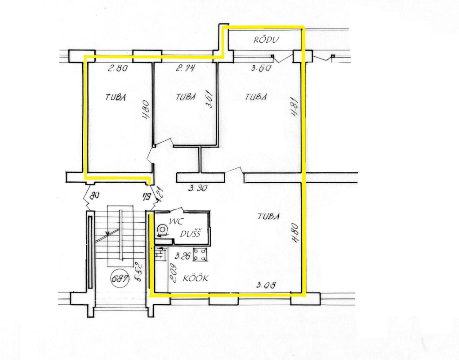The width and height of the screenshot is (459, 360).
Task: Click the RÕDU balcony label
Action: tap(266, 40)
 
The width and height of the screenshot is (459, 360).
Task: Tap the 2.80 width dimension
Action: tap(118, 68)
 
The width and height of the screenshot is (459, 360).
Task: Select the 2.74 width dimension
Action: tap(185, 68)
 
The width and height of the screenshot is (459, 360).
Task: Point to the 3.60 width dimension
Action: tap(261, 68)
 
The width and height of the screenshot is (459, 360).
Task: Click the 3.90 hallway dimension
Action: tap(198, 188)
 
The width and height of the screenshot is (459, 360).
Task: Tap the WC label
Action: tap(175, 221)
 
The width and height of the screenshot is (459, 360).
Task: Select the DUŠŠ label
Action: tap(190, 234)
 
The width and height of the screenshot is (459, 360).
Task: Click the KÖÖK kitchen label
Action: tap(195, 278)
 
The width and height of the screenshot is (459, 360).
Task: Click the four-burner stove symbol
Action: tap(201, 255)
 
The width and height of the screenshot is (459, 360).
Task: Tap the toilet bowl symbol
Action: tap(162, 230)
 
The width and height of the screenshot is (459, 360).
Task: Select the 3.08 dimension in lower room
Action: tap(266, 285)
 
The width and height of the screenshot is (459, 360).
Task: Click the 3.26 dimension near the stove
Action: tap(182, 256)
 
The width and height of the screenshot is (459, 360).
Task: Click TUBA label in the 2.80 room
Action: tap(116, 97)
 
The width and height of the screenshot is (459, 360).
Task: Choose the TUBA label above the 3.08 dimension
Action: tap(268, 216)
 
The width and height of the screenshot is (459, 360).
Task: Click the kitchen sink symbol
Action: tap(160, 253)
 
